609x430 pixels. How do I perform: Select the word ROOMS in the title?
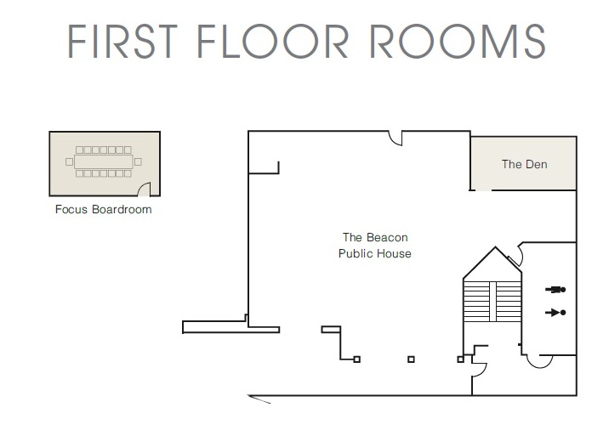pyautogui.click(x=457, y=41)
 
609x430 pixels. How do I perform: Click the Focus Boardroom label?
pyautogui.click(x=103, y=210)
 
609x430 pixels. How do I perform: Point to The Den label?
pyautogui.click(x=524, y=164)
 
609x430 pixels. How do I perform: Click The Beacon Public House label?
pyautogui.click(x=375, y=246)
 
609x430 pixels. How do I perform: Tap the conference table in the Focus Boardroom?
pyautogui.click(x=104, y=161)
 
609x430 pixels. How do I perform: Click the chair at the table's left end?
pyautogui.click(x=69, y=161)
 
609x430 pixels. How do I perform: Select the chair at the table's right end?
pyautogui.click(x=138, y=161)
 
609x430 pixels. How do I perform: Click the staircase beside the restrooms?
pyautogui.click(x=492, y=302)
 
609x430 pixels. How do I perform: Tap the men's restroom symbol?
pyautogui.click(x=555, y=290)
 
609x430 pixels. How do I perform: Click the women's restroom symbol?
pyautogui.click(x=555, y=313)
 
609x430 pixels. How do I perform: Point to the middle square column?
pyautogui.click(x=412, y=359)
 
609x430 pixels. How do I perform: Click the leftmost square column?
pyautogui.click(x=357, y=359)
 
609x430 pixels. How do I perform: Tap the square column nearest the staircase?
pyautogui.click(x=461, y=359)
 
